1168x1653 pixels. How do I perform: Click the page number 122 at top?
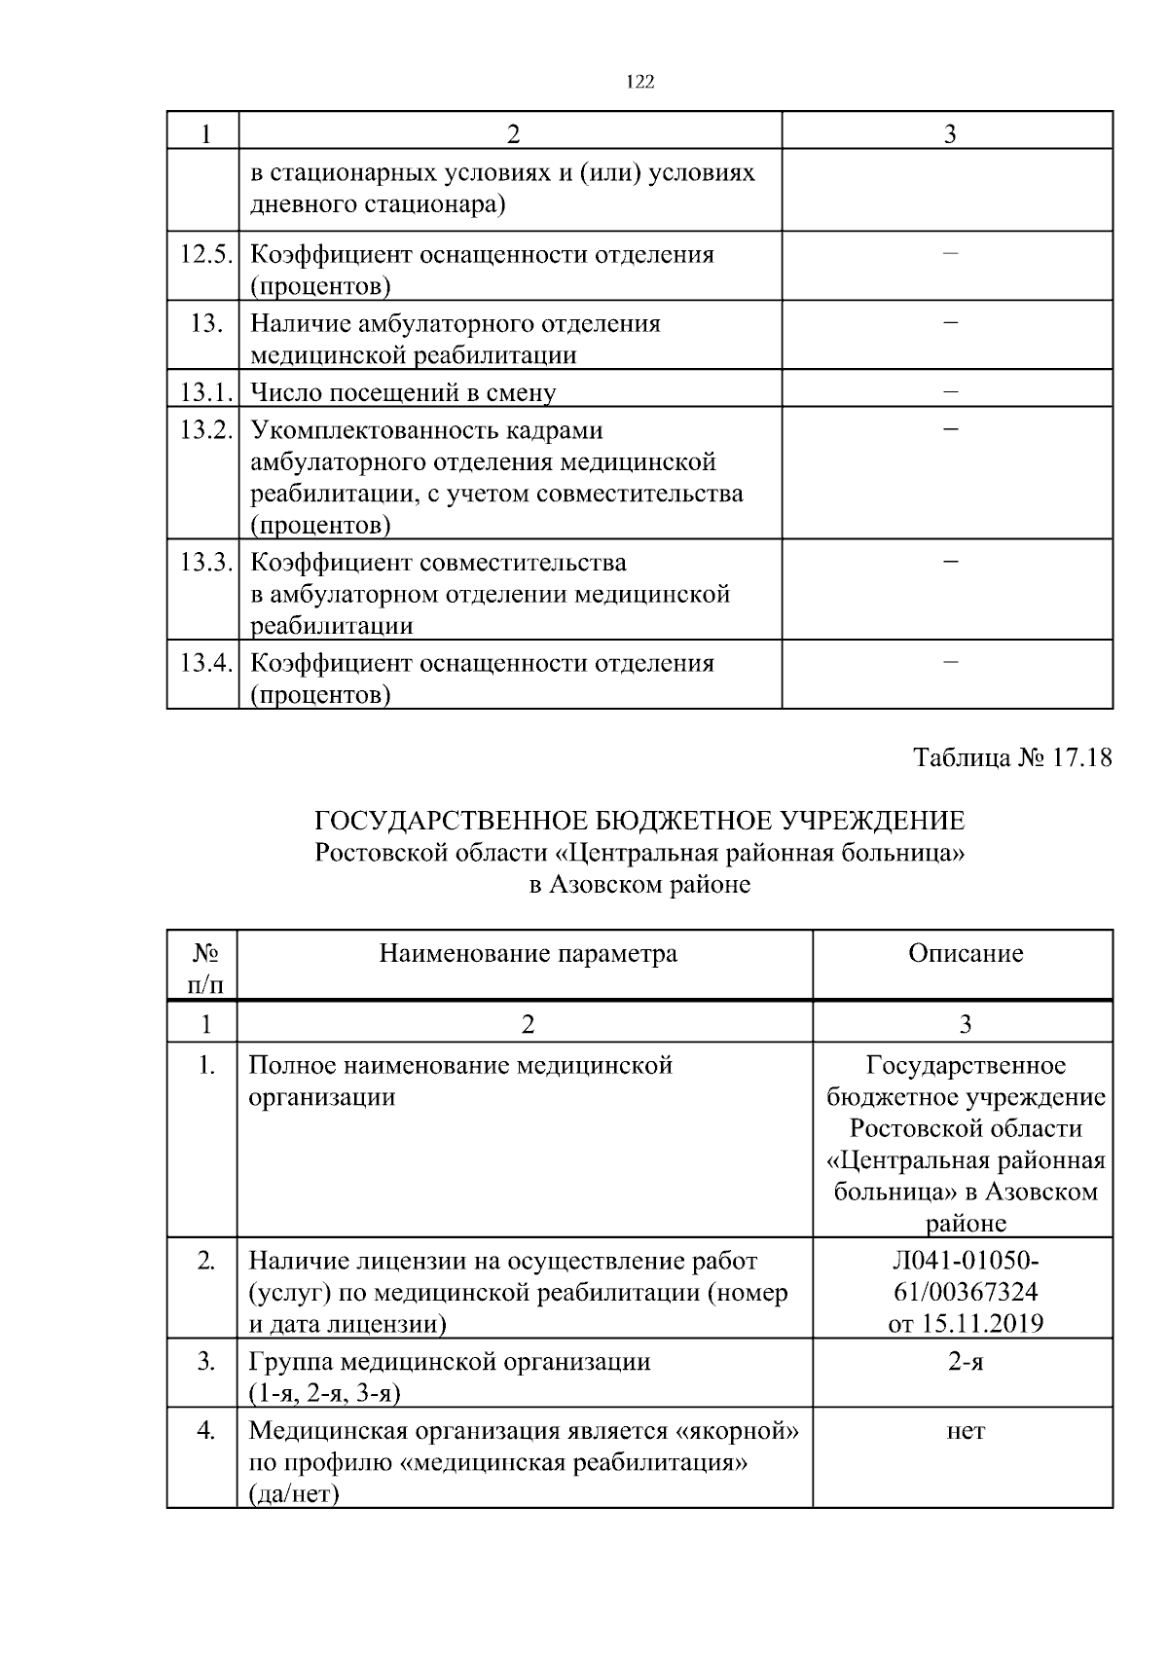[639, 83]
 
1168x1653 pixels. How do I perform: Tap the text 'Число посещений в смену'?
[403, 393]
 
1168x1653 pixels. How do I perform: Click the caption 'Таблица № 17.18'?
[1012, 757]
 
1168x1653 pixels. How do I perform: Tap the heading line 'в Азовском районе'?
[639, 885]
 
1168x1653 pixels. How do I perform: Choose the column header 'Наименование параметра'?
[528, 953]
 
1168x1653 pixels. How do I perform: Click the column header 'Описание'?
[965, 953]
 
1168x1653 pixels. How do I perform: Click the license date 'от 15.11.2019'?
[965, 1324]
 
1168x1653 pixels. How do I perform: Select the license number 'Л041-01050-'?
[965, 1261]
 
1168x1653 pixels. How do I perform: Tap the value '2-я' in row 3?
[965, 1361]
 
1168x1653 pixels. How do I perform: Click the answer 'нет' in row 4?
[965, 1431]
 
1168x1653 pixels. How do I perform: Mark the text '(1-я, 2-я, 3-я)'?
[325, 1393]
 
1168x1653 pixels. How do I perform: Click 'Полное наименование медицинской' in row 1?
[460, 1065]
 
